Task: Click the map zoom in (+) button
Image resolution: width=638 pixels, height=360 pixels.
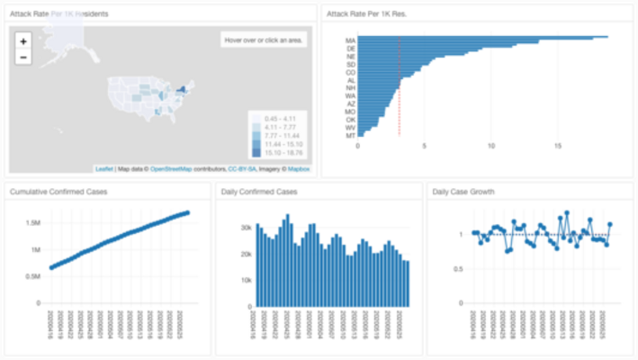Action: click(x=23, y=40)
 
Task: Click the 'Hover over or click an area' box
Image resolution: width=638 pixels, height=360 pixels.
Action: click(x=265, y=40)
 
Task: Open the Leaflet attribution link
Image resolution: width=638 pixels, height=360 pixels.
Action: click(x=104, y=168)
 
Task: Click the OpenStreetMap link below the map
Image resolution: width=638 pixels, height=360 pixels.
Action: click(x=174, y=168)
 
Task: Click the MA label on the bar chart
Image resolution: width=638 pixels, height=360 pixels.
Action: click(x=350, y=40)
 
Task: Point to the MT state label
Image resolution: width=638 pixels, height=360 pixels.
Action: click(x=350, y=135)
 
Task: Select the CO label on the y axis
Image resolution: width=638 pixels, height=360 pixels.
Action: click(x=350, y=71)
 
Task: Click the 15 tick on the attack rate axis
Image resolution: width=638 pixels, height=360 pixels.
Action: click(x=558, y=145)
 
